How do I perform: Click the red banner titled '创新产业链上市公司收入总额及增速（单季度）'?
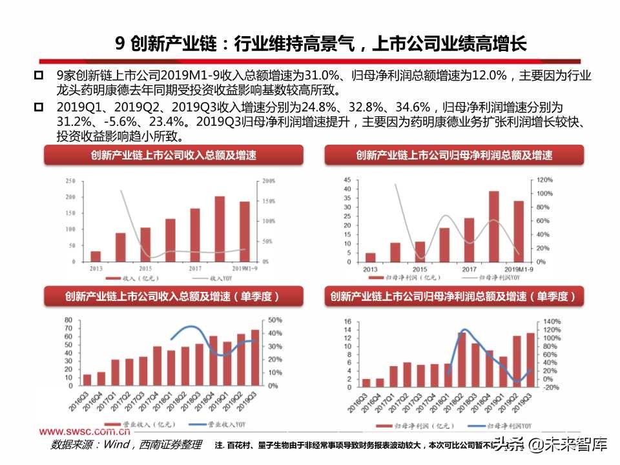(x=172, y=296)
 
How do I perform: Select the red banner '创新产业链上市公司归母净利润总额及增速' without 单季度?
(x=454, y=156)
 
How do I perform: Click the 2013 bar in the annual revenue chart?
(x=96, y=256)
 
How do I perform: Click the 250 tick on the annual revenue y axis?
(x=70, y=181)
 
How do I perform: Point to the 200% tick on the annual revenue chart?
(x=269, y=181)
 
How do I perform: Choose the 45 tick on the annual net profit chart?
(x=347, y=180)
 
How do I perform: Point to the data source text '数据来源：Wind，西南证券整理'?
(x=126, y=445)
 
